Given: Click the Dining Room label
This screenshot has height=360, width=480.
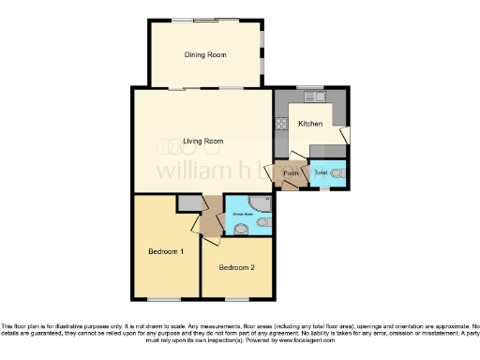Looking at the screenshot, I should coord(204,55).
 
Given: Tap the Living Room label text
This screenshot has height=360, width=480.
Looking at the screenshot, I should coord(203,141).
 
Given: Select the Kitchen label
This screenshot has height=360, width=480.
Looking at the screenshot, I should coord(310,124).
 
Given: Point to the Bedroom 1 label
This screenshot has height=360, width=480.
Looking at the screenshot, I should coord(166,251).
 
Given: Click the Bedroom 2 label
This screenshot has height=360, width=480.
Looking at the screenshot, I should coord(236,267).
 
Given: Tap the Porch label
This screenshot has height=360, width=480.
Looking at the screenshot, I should coord(291,173).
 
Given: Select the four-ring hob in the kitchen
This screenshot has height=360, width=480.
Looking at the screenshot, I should coord(280,121).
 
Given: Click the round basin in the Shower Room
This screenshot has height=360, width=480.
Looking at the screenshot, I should coord(242,228).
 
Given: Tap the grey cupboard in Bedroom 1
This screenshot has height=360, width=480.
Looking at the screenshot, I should coord(189,202).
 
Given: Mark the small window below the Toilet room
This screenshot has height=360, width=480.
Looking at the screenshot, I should coord(323,188).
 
